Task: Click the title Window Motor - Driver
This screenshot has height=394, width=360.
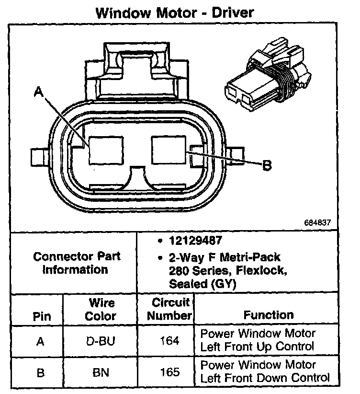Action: pyautogui.click(x=175, y=12)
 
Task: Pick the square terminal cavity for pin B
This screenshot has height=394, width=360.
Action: pyautogui.click(x=169, y=149)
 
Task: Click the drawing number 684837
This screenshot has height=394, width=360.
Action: pyautogui.click(x=317, y=223)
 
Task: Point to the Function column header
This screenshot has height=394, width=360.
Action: pyautogui.click(x=269, y=315)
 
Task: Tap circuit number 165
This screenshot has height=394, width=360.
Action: pyautogui.click(x=169, y=371)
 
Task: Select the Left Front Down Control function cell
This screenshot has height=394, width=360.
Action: pyautogui.click(x=265, y=371)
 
